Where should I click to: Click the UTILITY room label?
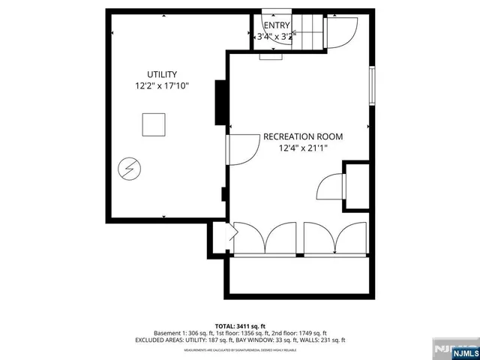[161, 74]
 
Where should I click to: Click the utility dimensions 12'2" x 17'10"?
[161, 87]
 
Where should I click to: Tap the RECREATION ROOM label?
[302, 136]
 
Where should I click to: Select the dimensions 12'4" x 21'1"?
[303, 148]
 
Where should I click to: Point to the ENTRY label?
[276, 25]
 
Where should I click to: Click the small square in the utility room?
[154, 124]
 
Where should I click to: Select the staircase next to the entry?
[309, 32]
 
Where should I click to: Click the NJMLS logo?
[454, 349]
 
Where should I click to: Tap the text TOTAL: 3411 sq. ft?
[240, 325]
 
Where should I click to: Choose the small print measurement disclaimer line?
[240, 349]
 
